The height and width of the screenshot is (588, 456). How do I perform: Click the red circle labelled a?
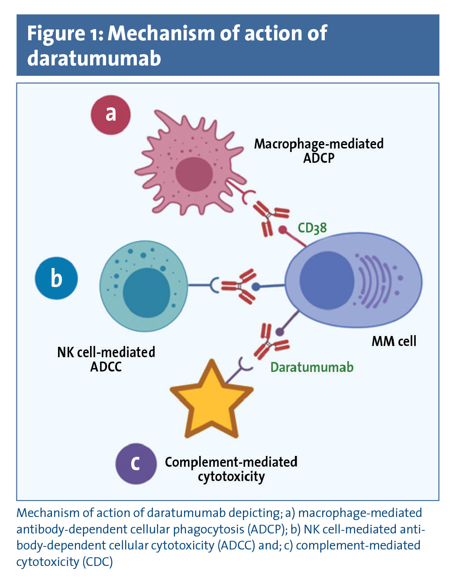pos(110,115)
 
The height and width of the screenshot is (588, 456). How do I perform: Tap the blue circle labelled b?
pos(56,278)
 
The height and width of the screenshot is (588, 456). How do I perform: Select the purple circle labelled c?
pos(136,463)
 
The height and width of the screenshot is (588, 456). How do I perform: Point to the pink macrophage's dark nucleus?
pos(194,174)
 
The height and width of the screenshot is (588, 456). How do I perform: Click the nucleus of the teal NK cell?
pos(146,293)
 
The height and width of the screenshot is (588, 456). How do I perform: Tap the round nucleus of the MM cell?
pos(327,280)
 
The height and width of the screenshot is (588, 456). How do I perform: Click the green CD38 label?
pos(312,228)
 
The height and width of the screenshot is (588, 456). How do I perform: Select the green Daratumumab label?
pos(312,367)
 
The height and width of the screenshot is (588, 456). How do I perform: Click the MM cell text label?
pos(394,341)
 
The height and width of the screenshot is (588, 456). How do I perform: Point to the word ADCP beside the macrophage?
pos(319,158)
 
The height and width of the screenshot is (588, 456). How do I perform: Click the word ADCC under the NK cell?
pos(106,367)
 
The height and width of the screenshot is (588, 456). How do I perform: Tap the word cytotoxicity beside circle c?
pos(231,477)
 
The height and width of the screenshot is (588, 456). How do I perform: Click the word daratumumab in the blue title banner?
pos(94,58)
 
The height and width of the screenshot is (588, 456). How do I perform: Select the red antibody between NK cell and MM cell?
pos(239,286)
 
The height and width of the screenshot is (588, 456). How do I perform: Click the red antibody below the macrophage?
pos(270,216)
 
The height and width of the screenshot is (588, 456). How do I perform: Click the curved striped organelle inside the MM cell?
pos(373,281)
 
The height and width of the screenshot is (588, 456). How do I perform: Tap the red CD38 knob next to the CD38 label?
pos(283,229)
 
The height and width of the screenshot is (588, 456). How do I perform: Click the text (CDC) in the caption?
pos(97,562)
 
